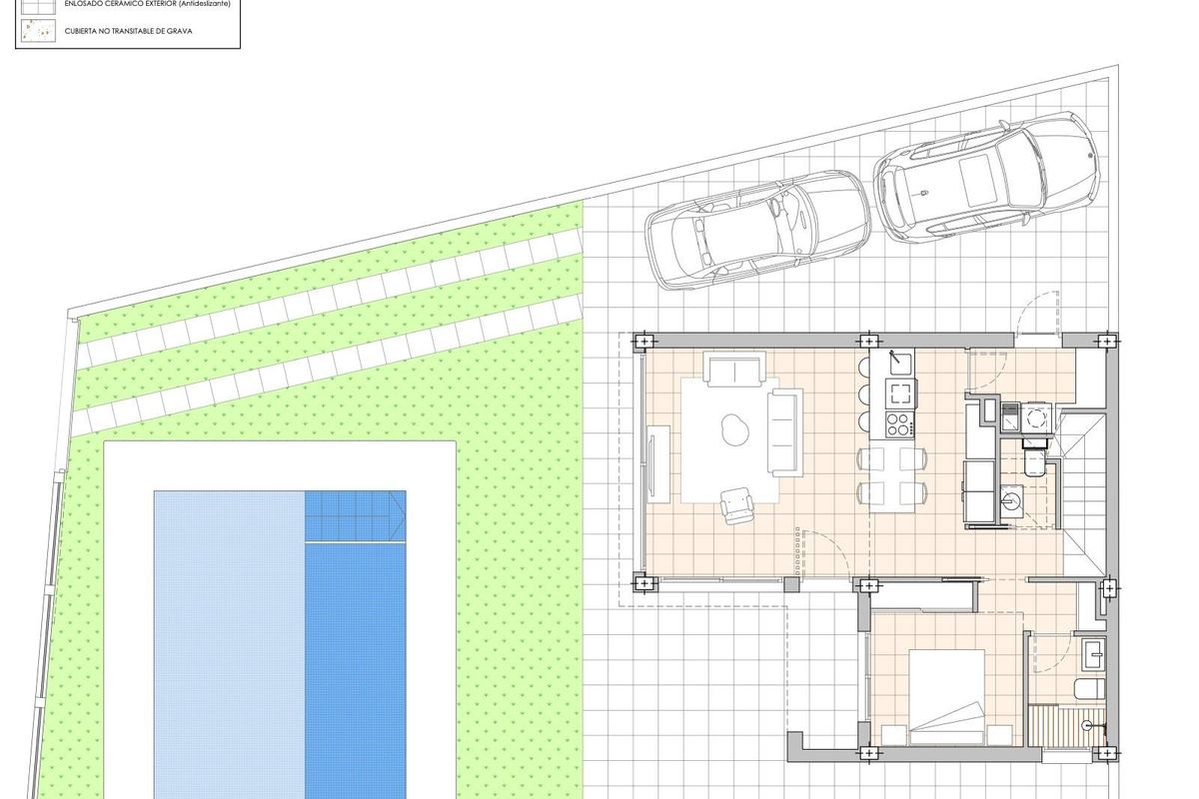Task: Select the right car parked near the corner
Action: coord(985,177)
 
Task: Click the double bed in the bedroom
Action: coord(946,697)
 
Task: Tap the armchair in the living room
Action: coord(737,503)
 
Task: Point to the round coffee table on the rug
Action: coord(735,429)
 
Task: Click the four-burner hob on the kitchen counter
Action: coord(899,423)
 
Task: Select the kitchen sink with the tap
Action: coord(899,360)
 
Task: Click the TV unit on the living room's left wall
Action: coord(658,462)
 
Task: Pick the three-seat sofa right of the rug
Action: coord(784,432)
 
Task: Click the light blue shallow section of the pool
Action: coord(229,639)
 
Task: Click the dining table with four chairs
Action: coord(891,476)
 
